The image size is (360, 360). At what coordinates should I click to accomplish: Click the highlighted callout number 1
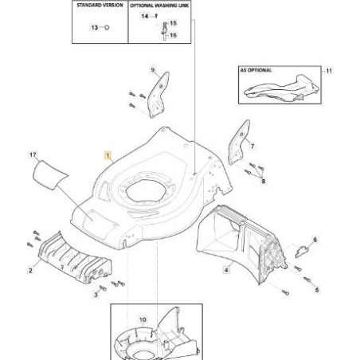click(108, 155)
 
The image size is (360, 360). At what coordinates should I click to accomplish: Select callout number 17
click(33, 155)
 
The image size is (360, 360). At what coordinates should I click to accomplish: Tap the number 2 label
click(30, 271)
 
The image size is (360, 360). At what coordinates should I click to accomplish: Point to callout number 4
click(226, 270)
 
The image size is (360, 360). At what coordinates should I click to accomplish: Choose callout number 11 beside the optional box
click(329, 71)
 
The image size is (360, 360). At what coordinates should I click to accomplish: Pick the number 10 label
click(143, 319)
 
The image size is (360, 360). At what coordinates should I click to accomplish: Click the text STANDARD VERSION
click(100, 6)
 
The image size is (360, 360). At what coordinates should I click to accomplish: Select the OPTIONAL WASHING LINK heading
click(159, 6)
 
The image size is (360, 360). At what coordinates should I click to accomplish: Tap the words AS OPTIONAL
click(256, 70)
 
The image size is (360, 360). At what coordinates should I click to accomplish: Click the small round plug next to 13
click(107, 27)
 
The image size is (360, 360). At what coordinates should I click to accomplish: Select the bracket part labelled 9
click(158, 96)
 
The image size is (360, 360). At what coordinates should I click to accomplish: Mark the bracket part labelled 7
click(239, 143)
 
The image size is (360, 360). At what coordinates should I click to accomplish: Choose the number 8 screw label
click(264, 182)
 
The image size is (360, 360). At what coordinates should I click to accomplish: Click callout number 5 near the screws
click(317, 290)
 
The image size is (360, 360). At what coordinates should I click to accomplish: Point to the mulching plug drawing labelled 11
click(281, 90)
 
